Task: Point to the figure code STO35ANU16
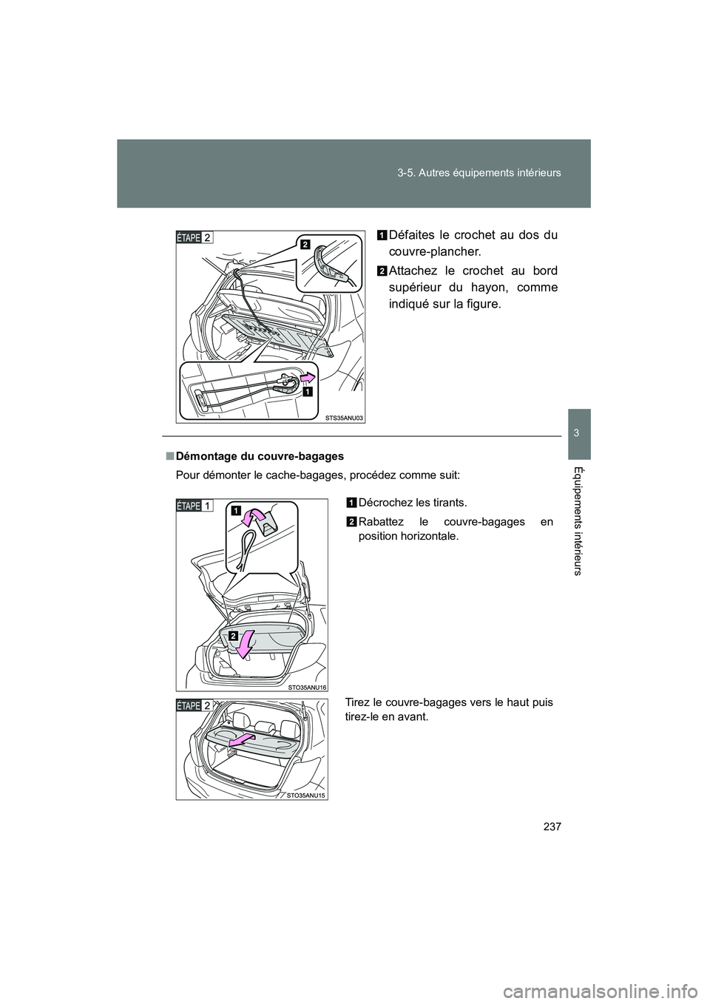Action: point(307,687)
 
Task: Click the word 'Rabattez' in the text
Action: point(382,522)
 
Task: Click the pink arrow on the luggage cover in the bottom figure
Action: point(242,742)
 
